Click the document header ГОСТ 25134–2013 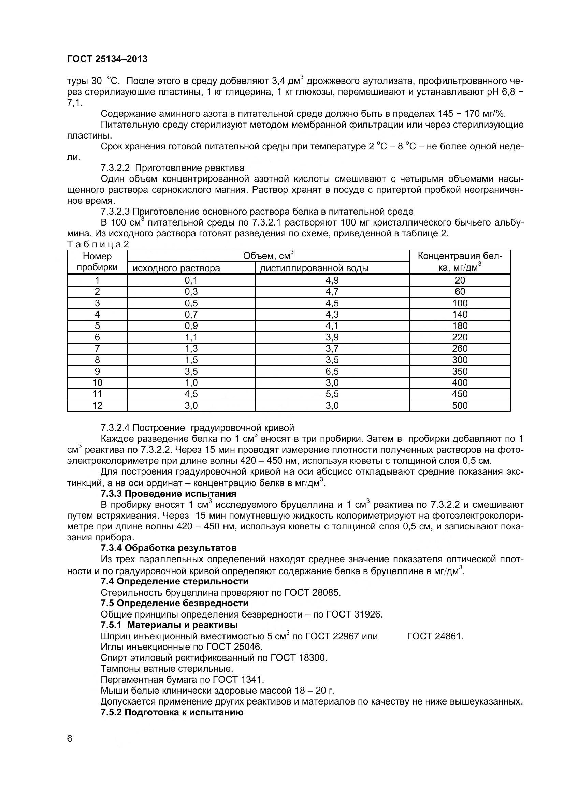tap(107, 59)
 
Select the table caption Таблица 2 tap(98, 244)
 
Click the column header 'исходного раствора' tap(176, 268)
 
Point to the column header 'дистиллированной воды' tap(314, 268)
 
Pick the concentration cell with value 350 tap(459, 371)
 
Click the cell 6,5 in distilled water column tap(332, 371)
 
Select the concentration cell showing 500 tap(459, 405)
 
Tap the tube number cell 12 tap(97, 405)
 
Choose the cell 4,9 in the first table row tap(332, 280)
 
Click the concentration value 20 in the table tap(459, 280)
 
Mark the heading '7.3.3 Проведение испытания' tap(168, 494)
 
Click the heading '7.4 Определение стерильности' tap(174, 581)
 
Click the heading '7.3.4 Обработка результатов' tap(169, 548)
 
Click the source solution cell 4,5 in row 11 tap(191, 394)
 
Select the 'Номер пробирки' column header tap(97, 262)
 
